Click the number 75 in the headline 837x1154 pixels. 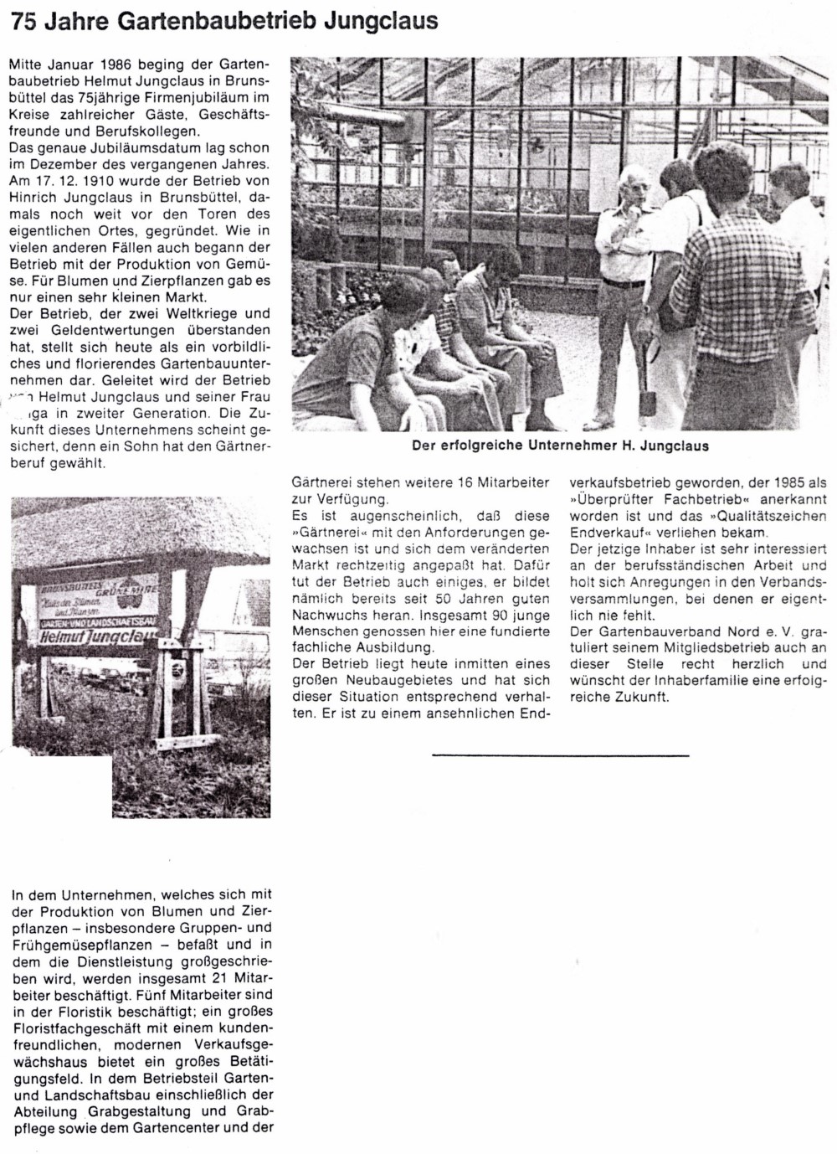point(23,23)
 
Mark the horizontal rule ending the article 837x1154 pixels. point(560,755)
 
